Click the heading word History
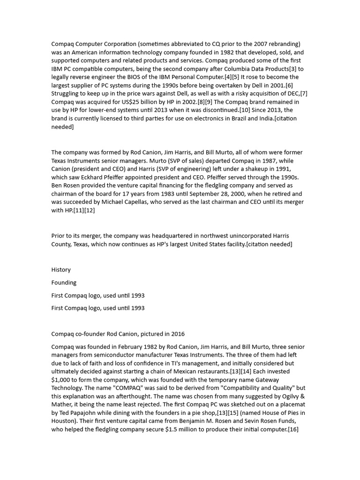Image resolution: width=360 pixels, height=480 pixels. (61, 270)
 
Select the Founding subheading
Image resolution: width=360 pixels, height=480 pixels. (64, 283)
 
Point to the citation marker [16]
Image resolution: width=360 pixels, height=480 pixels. (293, 430)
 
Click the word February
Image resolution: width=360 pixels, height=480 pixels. (126, 347)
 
